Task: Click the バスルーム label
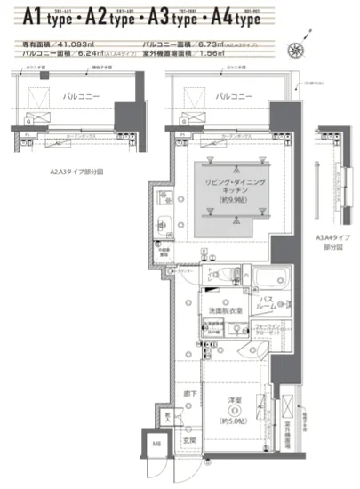[270, 306]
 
